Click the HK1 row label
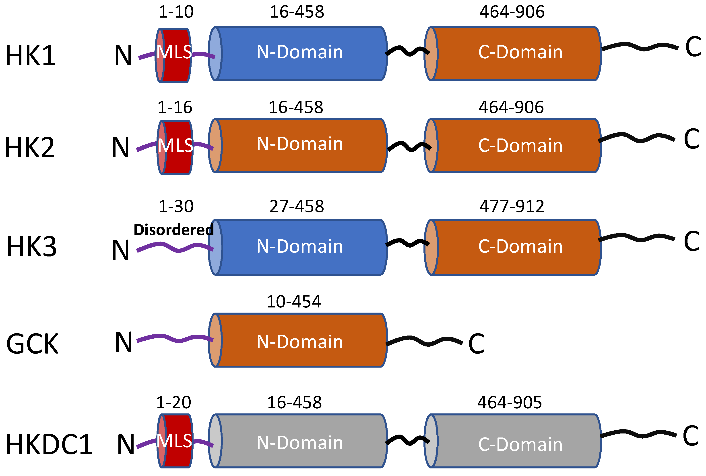pos(30,55)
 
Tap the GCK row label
pos(32,344)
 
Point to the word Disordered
pos(173,230)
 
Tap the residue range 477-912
pos(512,206)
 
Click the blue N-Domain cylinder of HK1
pos(299,54)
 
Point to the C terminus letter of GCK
pos(476,344)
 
